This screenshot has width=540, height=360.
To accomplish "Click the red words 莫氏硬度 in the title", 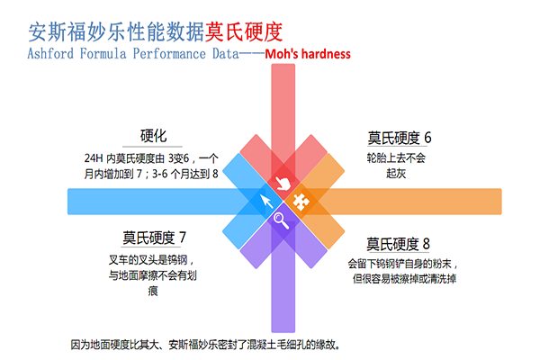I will tap(243, 31).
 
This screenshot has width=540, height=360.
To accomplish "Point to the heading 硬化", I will tap(155, 137).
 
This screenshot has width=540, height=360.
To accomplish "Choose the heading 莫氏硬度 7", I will tap(155, 238).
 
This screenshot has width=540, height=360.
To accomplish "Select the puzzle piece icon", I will tap(302, 202).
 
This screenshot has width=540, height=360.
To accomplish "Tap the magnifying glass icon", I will tap(282, 219).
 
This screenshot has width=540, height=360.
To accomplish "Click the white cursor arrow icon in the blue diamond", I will tap(265, 201).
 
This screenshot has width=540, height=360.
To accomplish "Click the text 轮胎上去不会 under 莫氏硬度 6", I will tap(396, 157).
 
